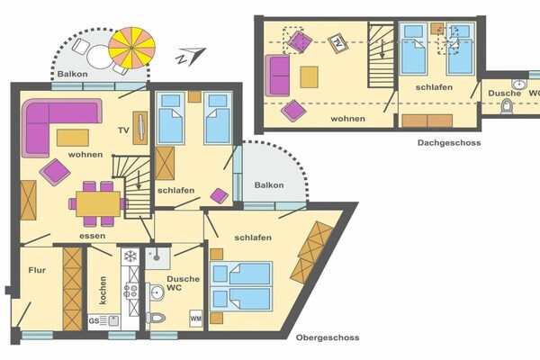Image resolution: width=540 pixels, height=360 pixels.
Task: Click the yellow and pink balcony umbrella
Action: pyautogui.click(x=132, y=48)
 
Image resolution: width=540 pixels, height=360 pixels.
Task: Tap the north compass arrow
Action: pyautogui.click(x=191, y=56)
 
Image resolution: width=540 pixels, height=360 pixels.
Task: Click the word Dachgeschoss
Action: pyautogui.click(x=449, y=142)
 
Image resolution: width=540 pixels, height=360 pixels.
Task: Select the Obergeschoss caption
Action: pyautogui.click(x=328, y=337)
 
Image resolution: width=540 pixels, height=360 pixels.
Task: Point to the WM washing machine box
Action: pyautogui.click(x=195, y=319)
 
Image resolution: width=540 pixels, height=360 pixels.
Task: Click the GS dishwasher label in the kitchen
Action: pyautogui.click(x=94, y=321)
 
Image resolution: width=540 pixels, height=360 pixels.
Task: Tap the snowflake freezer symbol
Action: pyautogui.click(x=130, y=256)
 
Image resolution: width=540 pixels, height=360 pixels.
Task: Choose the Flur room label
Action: pyautogui.click(x=37, y=270)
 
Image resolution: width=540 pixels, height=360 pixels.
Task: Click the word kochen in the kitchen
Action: pyautogui.click(x=103, y=290)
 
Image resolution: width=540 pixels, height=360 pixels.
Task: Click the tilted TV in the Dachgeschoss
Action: pyautogui.click(x=337, y=43)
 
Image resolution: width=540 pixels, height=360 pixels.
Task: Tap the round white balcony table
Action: pyautogui.click(x=100, y=58)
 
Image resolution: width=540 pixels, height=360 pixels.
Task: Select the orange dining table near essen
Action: pyautogui.click(x=98, y=204)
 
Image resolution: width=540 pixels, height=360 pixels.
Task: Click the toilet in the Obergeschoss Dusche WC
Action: pyautogui.click(x=156, y=318)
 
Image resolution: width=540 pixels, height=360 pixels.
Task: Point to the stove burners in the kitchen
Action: pyautogui.click(x=130, y=290)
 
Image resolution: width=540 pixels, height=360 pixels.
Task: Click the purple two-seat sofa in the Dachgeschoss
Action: pyautogui.click(x=277, y=76)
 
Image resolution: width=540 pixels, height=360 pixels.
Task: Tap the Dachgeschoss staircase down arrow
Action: pyautogui.click(x=382, y=49)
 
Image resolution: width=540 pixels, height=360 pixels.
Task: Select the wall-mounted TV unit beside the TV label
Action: pyautogui.click(x=140, y=128)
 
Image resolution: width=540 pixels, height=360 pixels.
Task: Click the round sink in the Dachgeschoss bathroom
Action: pyautogui.click(x=518, y=84)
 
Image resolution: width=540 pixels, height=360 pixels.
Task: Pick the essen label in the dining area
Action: pyautogui.click(x=93, y=236)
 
